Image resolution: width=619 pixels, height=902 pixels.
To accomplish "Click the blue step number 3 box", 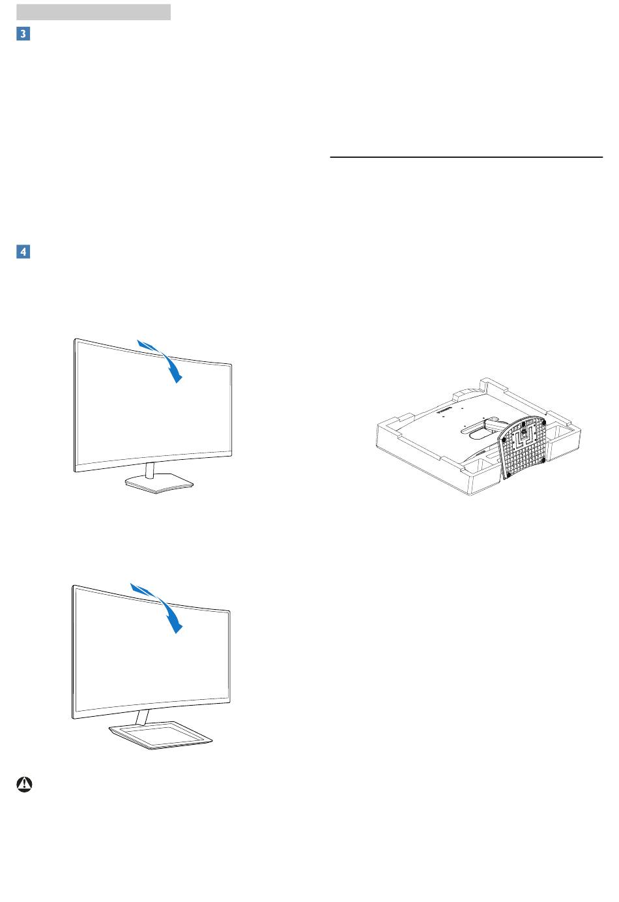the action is tap(23, 34).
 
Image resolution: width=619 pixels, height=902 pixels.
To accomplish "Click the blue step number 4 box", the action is tap(23, 252).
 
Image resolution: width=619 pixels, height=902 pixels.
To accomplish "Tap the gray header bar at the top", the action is tap(93, 12).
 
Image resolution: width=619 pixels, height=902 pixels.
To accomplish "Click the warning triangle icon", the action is tap(25, 784).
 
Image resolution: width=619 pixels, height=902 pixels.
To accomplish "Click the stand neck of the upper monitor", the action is tap(150, 470).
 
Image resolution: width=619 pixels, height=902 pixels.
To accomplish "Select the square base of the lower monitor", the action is tap(160, 736).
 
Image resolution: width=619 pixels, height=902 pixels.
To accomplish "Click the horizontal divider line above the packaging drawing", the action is tap(466, 157).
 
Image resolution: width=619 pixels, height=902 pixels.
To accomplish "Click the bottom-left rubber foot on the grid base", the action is tap(509, 475).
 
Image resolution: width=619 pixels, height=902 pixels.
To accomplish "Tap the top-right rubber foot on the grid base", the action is tap(543, 423).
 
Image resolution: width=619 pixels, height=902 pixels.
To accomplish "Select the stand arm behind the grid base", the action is tap(495, 424).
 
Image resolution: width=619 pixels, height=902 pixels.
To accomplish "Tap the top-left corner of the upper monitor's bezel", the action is tap(75, 339).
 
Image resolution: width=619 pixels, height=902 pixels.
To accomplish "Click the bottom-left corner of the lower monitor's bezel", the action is tap(73, 718).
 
